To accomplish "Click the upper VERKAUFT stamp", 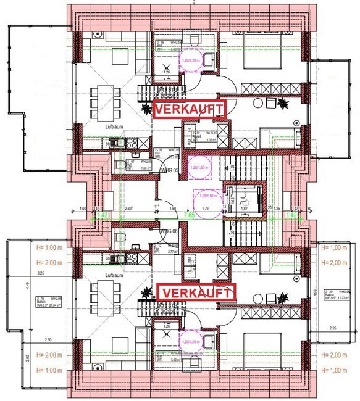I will click(190, 109).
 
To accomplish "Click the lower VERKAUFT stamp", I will click(198, 292).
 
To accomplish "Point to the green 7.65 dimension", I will click(192, 215).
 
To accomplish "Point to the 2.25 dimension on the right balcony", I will click(333, 328).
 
